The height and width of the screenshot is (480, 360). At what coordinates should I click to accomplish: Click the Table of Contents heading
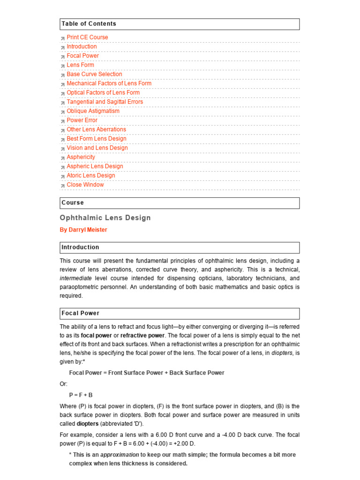[x=89, y=24]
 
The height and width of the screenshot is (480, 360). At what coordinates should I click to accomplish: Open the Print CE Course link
[x=87, y=37]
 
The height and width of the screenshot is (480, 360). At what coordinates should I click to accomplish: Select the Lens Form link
[x=80, y=65]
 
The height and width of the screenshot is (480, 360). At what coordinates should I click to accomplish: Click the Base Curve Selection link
[x=94, y=74]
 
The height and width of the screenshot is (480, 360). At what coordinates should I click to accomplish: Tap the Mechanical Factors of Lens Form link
[x=109, y=83]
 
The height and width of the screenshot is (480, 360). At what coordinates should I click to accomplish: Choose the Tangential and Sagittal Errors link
[x=105, y=102]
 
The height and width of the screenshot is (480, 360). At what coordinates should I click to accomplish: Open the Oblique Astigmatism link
[x=93, y=111]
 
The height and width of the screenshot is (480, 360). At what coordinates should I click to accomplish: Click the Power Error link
[x=82, y=120]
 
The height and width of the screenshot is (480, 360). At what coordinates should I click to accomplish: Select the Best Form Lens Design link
[x=97, y=139]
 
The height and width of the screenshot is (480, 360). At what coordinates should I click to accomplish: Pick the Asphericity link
[x=81, y=157]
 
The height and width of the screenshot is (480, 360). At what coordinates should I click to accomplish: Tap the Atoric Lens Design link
[x=90, y=175]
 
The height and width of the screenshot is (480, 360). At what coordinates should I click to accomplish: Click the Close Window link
[x=85, y=185]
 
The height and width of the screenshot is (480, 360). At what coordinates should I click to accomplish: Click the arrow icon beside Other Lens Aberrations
[x=63, y=130]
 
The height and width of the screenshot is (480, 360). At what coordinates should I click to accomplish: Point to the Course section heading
[x=73, y=203]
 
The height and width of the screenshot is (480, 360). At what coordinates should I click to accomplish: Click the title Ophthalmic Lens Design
[x=105, y=218]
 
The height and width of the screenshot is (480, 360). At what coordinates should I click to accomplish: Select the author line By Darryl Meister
[x=83, y=230]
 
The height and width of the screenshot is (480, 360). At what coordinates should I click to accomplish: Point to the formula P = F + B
[x=81, y=395]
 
